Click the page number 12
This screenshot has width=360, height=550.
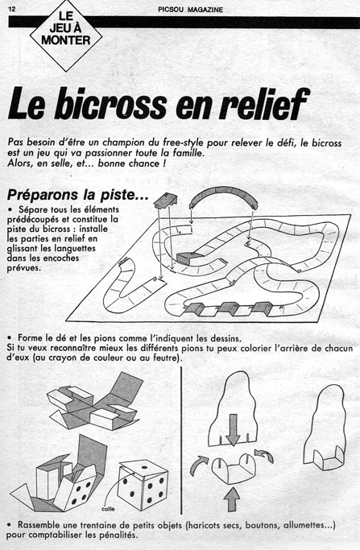click(x=11, y=9)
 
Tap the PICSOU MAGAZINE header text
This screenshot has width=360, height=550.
click(x=191, y=10)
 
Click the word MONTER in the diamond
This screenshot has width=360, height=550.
click(x=65, y=40)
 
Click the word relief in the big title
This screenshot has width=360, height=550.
click(x=264, y=103)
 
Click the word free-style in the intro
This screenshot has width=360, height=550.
click(x=183, y=143)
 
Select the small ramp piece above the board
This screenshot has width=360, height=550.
click(x=165, y=201)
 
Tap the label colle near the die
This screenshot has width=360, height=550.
click(x=108, y=509)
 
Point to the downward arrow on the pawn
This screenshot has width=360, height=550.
click(x=233, y=430)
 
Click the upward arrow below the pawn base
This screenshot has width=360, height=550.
click(x=232, y=499)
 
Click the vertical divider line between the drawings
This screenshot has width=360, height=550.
click(x=181, y=440)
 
